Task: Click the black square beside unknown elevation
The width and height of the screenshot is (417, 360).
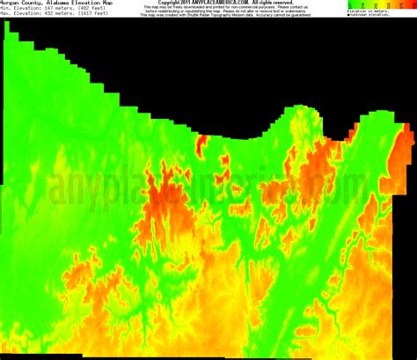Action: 348,15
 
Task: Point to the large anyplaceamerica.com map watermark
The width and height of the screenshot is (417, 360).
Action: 208,187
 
